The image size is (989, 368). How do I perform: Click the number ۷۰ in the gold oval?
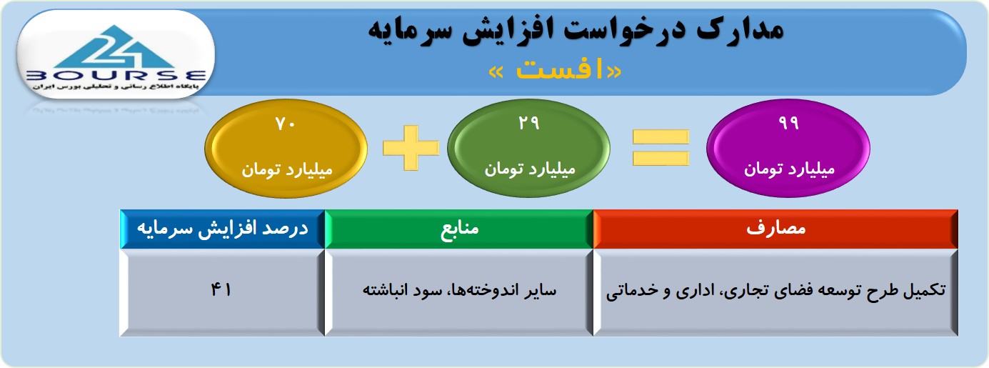pyautogui.click(x=285, y=124)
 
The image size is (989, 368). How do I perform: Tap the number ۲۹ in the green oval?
pyautogui.click(x=529, y=123)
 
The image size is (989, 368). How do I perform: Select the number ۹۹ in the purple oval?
pyautogui.click(x=788, y=123)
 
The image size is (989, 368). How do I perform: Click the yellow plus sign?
pyautogui.click(x=411, y=147)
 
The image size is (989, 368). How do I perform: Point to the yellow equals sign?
pyautogui.click(x=661, y=147)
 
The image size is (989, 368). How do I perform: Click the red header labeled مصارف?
pyautogui.click(x=775, y=229)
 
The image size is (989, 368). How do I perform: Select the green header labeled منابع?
pyautogui.click(x=459, y=229)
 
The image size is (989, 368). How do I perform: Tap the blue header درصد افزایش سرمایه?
pyautogui.click(x=223, y=229)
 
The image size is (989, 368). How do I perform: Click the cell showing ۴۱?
pyautogui.click(x=223, y=292)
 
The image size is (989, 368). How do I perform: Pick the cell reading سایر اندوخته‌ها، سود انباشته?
pyautogui.click(x=459, y=292)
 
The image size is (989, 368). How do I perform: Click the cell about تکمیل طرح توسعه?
pyautogui.click(x=775, y=292)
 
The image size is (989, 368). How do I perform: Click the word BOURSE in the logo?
pyautogui.click(x=116, y=76)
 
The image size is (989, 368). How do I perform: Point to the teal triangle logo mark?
pyautogui.click(x=115, y=47)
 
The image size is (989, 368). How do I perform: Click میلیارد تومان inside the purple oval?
pyautogui.click(x=789, y=169)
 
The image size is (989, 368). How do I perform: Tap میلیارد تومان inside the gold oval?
pyautogui.click(x=286, y=170)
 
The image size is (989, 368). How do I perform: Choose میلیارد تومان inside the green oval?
pyautogui.click(x=530, y=169)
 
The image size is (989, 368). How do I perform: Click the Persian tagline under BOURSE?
pyautogui.click(x=116, y=87)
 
